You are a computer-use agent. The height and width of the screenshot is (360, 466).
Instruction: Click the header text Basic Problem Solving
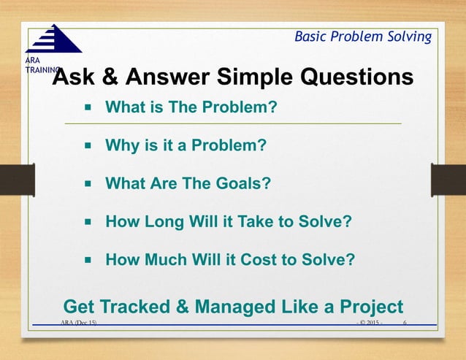(362, 37)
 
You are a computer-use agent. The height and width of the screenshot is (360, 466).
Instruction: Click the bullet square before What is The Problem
(87, 108)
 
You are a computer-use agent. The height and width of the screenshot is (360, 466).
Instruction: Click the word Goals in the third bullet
(242, 183)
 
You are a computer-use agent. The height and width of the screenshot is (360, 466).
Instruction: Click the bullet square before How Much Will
(87, 258)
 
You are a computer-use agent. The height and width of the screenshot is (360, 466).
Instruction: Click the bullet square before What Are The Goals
(87, 183)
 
